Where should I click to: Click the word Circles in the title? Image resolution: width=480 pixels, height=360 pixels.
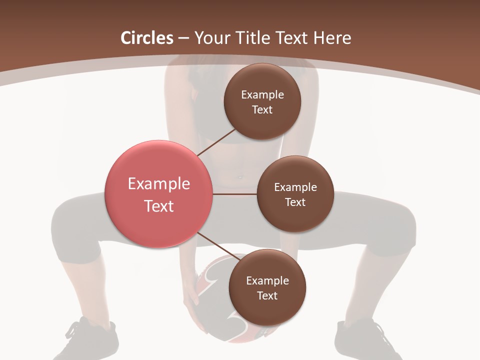click(x=147, y=38)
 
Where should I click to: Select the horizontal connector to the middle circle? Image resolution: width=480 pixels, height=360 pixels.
click(x=235, y=194)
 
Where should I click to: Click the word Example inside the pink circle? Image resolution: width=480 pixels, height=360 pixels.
click(x=159, y=184)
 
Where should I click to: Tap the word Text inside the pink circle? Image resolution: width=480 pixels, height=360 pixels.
click(x=159, y=206)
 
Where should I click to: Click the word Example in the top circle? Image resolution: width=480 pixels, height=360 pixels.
click(x=262, y=95)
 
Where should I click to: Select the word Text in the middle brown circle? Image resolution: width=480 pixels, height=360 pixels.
click(x=295, y=202)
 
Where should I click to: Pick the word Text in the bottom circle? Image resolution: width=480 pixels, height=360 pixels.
click(x=267, y=296)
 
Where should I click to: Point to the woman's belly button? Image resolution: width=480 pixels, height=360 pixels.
click(x=240, y=176)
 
